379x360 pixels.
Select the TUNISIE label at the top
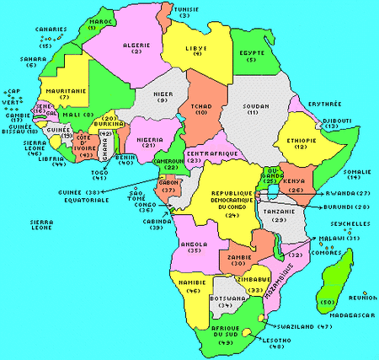[x=184, y=8]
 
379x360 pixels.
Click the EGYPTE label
[x=252, y=52]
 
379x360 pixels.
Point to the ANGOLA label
[x=195, y=244]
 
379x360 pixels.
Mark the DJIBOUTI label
[x=343, y=121]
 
